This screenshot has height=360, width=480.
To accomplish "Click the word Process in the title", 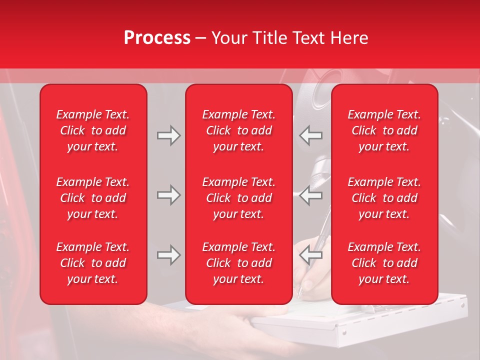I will click(157, 37).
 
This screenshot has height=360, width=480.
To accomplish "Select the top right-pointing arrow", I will click(168, 135).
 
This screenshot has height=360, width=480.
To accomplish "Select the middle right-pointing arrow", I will click(168, 195).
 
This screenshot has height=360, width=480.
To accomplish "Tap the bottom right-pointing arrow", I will click(168, 255).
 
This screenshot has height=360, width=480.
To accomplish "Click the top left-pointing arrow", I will click(311, 135).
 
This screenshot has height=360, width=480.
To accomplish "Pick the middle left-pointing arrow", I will click(311, 195).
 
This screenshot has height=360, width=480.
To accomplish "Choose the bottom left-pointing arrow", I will click(311, 255).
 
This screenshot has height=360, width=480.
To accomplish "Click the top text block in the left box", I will click(93, 130).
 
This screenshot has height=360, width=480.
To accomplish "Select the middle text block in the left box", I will click(93, 198).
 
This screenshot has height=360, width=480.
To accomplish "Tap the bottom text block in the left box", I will click(93, 263).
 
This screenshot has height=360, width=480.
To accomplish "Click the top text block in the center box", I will click(238, 130).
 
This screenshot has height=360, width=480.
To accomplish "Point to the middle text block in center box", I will click(238, 198).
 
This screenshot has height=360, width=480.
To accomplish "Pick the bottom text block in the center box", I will click(238, 263).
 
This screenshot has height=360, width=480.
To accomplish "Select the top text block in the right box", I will click(384, 130).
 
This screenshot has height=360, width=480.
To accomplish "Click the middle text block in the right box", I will click(384, 198).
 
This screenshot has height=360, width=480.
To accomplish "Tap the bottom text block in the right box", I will click(384, 263).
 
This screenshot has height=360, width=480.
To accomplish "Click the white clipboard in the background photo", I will click(380, 325).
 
